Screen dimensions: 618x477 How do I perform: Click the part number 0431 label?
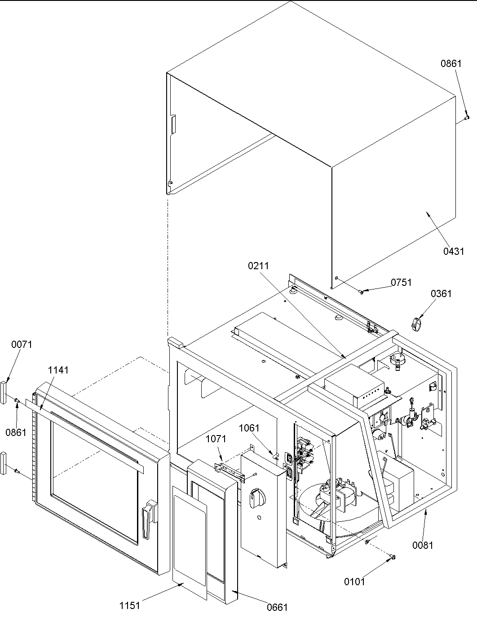coord(454,251)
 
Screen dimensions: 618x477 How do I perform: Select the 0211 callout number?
coord(258,266)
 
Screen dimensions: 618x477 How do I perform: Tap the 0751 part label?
coord(401,282)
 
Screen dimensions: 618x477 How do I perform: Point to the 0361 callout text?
coord(441,293)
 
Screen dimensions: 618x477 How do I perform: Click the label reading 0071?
coord(22,345)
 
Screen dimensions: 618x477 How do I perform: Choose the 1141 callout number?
coord(58,370)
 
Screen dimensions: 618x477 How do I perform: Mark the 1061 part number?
coord(249,428)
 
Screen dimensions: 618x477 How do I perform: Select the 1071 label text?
coord(216,439)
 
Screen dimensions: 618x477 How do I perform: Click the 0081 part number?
coord(423,545)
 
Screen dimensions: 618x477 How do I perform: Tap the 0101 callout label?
coord(354,582)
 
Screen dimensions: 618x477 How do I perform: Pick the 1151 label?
coord(129,605)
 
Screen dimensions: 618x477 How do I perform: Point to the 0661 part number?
coord(277,608)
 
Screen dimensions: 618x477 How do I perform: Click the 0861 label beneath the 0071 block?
coord(16,432)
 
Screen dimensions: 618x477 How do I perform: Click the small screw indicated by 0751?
coord(362,292)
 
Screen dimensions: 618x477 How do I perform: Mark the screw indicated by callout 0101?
coord(393,557)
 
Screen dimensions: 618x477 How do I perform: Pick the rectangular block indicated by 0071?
coord(4,391)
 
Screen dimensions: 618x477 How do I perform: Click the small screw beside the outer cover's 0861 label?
coord(467,117)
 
